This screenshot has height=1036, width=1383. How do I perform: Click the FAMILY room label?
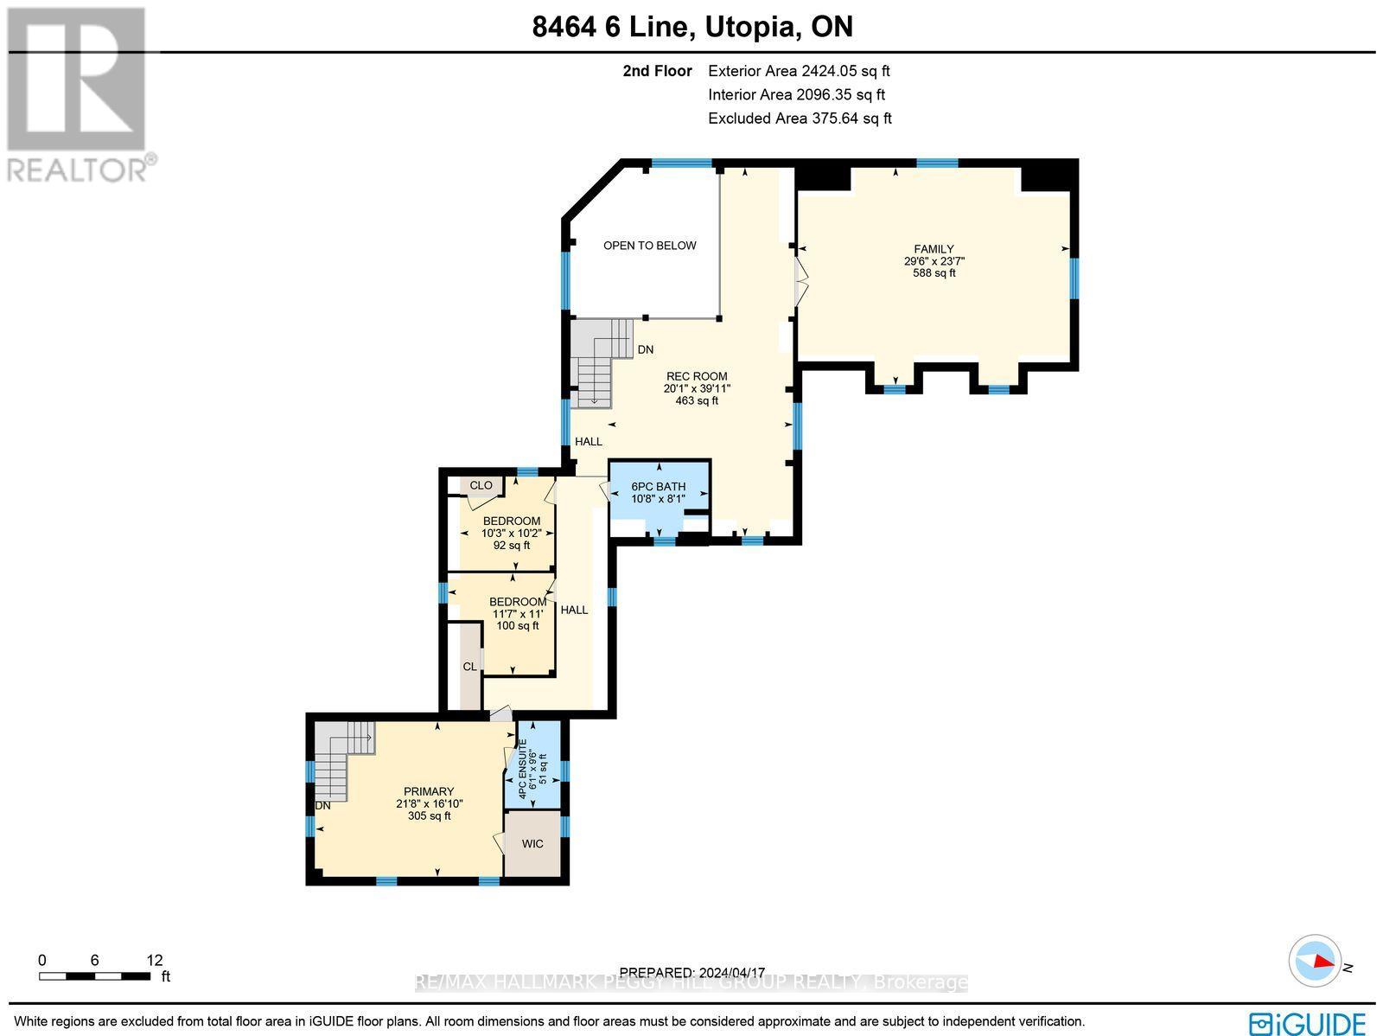coord(934,250)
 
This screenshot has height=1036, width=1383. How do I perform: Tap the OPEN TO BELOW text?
coord(649,246)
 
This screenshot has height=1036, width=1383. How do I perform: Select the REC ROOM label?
coord(696,377)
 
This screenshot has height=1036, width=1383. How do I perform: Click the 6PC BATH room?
coord(659,493)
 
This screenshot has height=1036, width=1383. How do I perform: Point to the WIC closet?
coord(532,843)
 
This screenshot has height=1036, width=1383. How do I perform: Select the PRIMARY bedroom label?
coord(429,792)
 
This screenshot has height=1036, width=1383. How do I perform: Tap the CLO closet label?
coord(481,485)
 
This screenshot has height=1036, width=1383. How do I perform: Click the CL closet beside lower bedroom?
coord(469,667)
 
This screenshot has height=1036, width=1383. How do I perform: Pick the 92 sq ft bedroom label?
coord(511,533)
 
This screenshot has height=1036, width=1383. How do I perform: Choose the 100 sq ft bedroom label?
coord(517,613)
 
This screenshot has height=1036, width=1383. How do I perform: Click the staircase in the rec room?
coord(601,361)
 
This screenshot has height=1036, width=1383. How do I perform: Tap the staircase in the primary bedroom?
coord(340,761)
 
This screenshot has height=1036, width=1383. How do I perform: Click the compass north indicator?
coord(1316,962)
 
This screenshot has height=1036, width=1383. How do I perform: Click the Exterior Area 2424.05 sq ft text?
coord(798,72)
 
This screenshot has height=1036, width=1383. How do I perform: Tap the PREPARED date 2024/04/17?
coord(693,972)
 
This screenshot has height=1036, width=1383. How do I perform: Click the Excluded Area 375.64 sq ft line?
coord(800,118)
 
